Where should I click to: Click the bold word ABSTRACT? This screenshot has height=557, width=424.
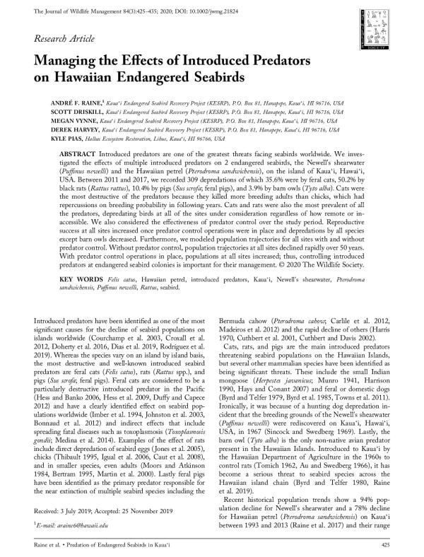(77, 153)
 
